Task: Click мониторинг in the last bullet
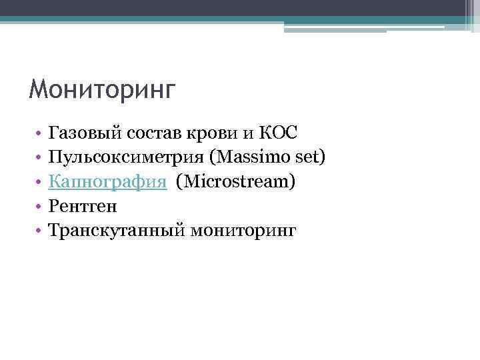point(243,230)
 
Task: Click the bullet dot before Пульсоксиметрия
point(40,158)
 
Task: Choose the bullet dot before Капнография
point(40,183)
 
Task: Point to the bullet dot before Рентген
point(40,207)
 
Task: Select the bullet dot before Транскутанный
point(40,231)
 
